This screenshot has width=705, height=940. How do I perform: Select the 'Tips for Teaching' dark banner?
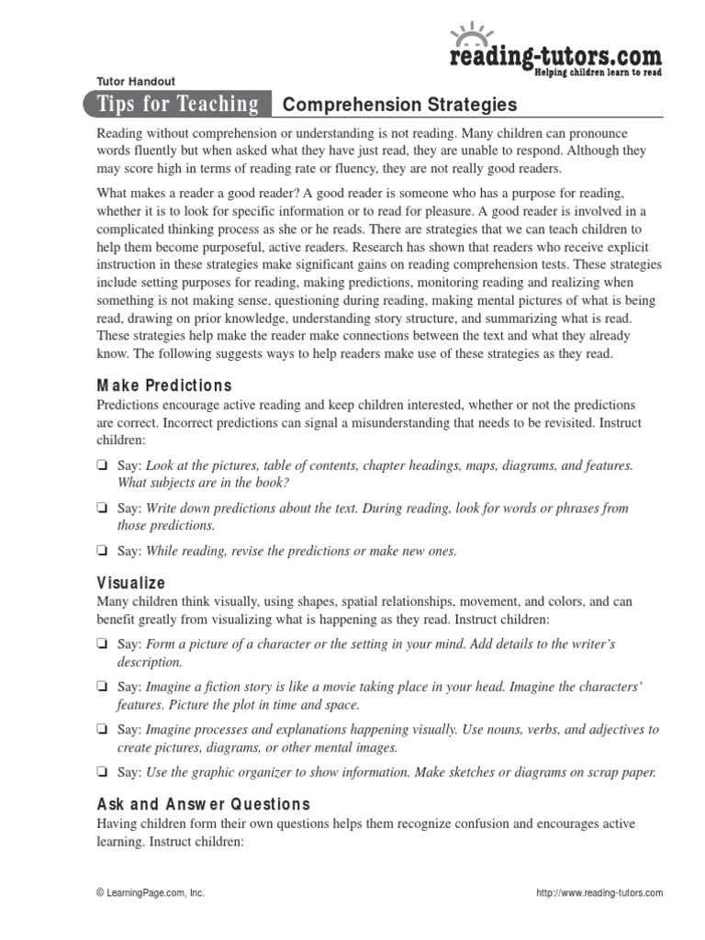click(x=179, y=105)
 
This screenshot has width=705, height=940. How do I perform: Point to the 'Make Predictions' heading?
click(x=164, y=386)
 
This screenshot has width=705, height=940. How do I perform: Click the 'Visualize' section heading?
click(x=131, y=582)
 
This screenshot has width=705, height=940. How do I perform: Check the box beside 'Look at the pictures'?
click(x=103, y=466)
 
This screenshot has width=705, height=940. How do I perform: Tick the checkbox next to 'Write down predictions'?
click(x=103, y=509)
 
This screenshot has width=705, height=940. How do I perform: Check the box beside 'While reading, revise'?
click(x=103, y=552)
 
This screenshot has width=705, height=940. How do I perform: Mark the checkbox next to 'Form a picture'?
click(x=103, y=644)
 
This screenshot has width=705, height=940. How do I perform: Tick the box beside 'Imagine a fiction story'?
click(x=103, y=687)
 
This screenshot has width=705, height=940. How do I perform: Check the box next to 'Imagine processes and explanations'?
click(x=103, y=730)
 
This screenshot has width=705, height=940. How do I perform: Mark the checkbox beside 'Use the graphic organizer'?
click(x=103, y=772)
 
